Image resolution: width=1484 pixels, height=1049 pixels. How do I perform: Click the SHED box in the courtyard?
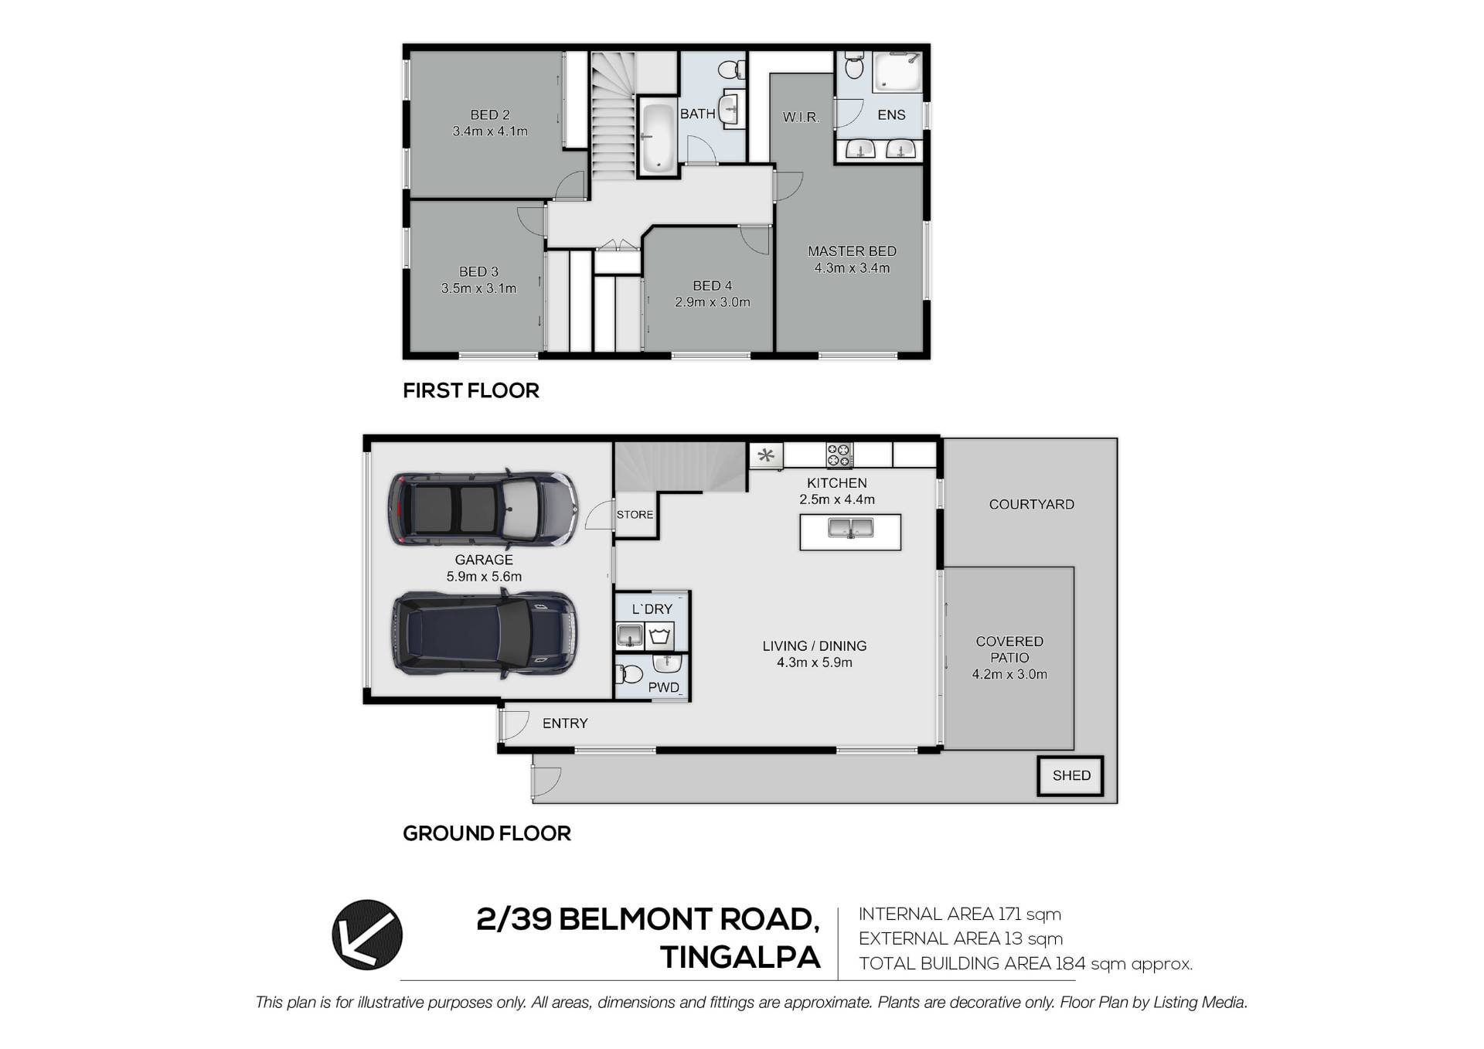pyautogui.click(x=1070, y=775)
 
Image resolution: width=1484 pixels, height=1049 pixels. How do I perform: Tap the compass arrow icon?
pyautogui.click(x=367, y=935)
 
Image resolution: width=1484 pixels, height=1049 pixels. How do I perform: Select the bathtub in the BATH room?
pyautogui.click(x=659, y=138)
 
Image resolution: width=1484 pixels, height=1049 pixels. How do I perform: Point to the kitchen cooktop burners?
pyautogui.click(x=839, y=455)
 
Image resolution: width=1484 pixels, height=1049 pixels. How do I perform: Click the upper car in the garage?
pyautogui.click(x=483, y=509)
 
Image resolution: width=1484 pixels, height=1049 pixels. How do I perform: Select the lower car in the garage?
pyautogui.click(x=484, y=634)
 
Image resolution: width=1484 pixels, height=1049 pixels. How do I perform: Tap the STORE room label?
pyautogui.click(x=635, y=515)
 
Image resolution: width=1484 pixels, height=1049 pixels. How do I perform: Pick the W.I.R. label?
pyautogui.click(x=801, y=118)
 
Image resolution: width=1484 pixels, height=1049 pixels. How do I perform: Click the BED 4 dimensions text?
pyautogui.click(x=712, y=302)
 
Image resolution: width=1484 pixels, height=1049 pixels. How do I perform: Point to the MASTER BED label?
pyautogui.click(x=852, y=251)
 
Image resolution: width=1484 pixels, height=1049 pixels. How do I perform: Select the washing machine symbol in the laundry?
pyautogui.click(x=659, y=636)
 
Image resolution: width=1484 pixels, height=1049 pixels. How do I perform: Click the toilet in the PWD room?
pyautogui.click(x=630, y=674)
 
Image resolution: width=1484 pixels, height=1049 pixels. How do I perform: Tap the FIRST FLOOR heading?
pyautogui.click(x=471, y=390)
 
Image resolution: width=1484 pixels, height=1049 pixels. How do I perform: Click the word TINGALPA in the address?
pyautogui.click(x=740, y=958)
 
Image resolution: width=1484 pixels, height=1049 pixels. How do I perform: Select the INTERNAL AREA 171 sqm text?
pyautogui.click(x=960, y=914)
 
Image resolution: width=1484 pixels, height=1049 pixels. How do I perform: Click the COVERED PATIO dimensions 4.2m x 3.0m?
pyautogui.click(x=1009, y=674)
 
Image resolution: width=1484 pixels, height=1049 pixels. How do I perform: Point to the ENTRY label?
pyautogui.click(x=565, y=724)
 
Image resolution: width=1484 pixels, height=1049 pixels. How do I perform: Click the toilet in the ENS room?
pyautogui.click(x=853, y=65)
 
